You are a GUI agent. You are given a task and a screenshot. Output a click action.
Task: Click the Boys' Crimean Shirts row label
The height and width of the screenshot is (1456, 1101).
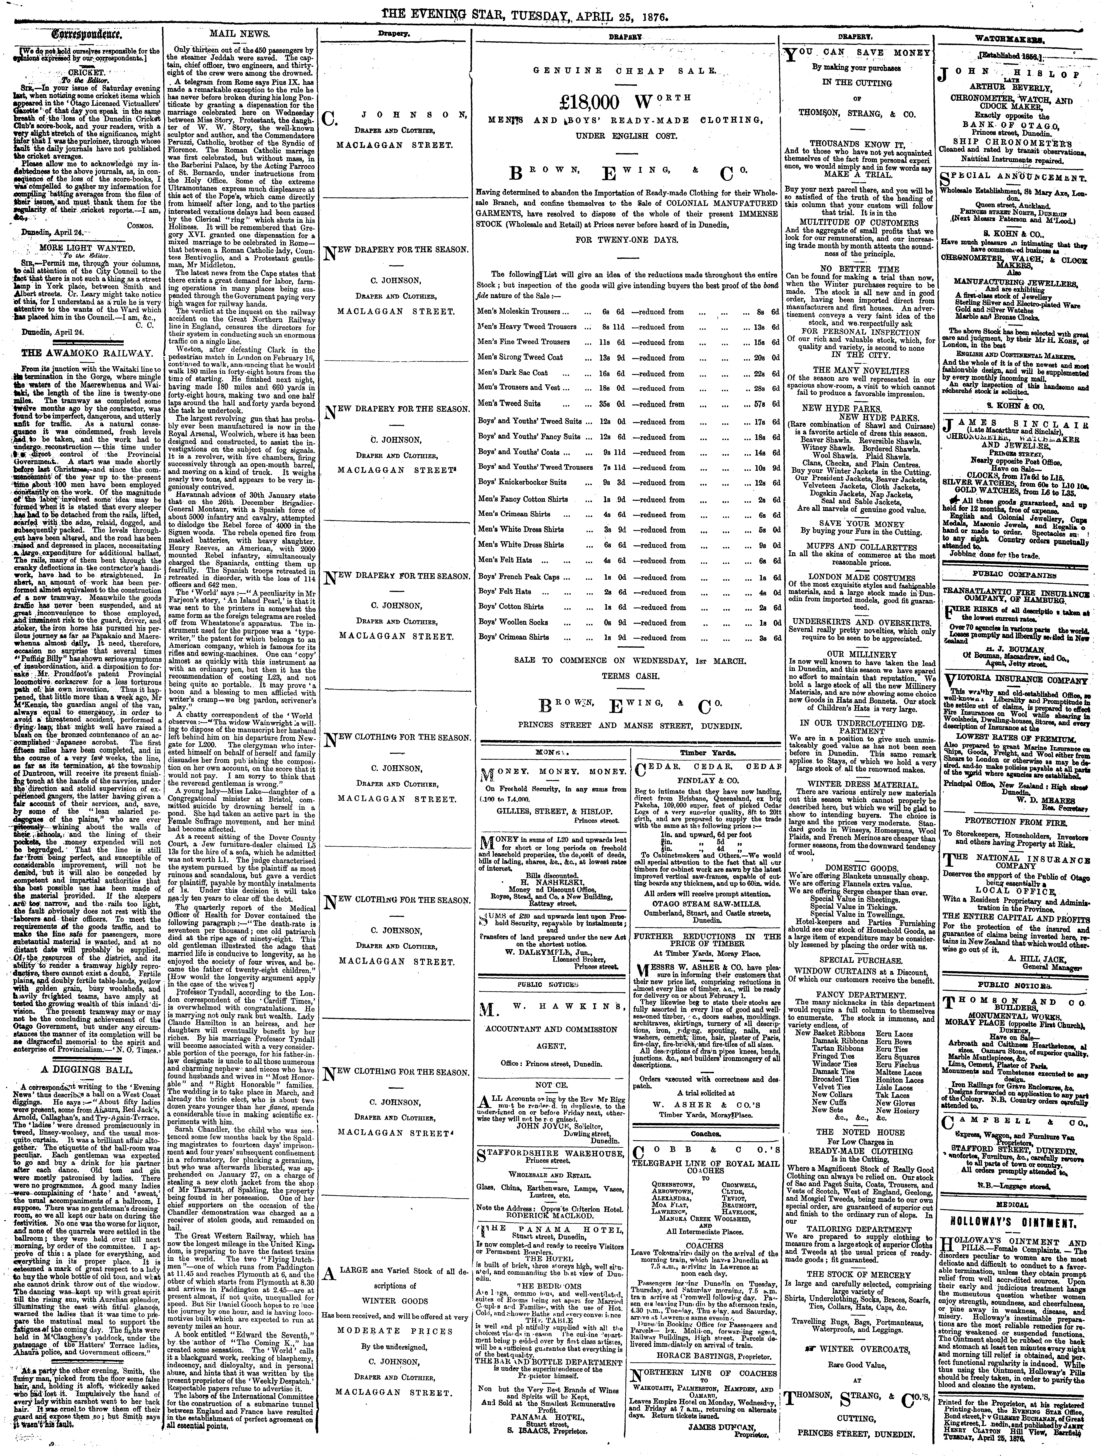[x=514, y=637]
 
